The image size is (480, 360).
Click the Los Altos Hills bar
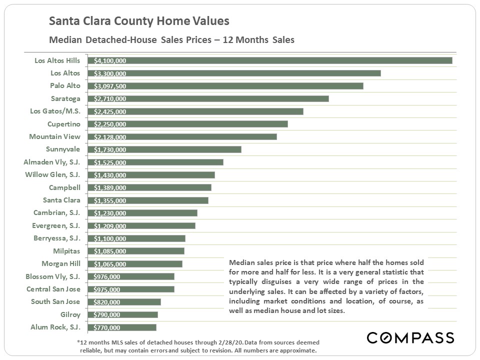pos(270,60)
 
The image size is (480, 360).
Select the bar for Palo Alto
pos(225,86)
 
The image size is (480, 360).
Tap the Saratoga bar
pos(208,98)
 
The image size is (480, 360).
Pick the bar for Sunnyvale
pos(164,149)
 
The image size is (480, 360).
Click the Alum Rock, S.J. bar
pos(122,327)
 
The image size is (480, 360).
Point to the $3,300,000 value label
pos(110,73)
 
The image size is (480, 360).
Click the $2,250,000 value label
pos(110,124)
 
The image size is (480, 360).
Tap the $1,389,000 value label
pos(110,188)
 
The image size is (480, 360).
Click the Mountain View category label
pos(54,136)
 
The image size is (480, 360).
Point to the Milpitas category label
pos(66,251)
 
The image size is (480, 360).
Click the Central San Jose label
pos(53,289)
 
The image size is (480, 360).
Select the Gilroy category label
pos(70,314)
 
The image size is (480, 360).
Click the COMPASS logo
pos(410,337)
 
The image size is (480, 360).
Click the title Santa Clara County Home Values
pos(139,21)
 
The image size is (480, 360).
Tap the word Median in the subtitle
pos(63,40)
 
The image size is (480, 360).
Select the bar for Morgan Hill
pos(135,264)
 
